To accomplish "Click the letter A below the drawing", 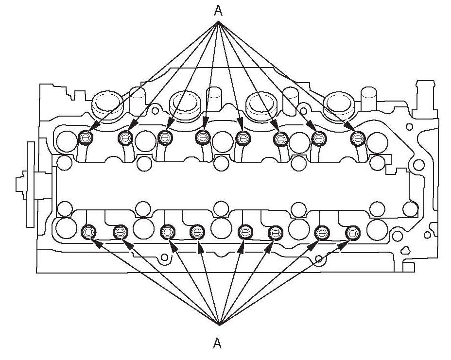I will pos(218,343).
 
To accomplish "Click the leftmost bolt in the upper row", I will pos(86,138).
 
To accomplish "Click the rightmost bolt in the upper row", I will pos(358,139).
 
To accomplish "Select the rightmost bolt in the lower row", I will pos(352,233).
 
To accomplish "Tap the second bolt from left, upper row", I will pos(126,138).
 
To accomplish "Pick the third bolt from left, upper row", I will pos(165,138).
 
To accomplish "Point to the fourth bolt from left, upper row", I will pos(203,138).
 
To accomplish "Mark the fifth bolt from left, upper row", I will pos(243,139).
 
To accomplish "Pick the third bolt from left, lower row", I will pos(167,232).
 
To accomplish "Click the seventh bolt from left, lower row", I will pos(321,233).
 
